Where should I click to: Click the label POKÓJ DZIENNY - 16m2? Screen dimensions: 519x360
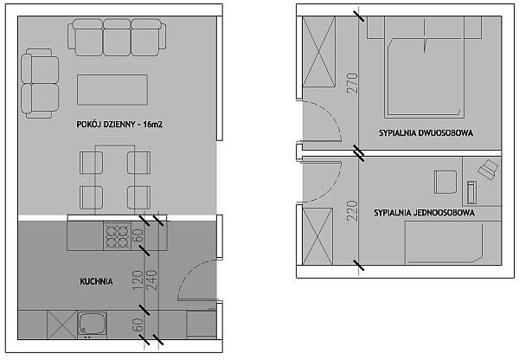[x=119, y=125]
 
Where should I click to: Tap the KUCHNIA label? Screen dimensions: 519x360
[x=96, y=281]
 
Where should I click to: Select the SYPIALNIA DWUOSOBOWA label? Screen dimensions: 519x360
[x=426, y=133]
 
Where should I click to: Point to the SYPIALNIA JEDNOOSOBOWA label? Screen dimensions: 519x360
[x=425, y=213]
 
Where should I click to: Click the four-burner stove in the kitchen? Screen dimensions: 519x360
[x=117, y=235]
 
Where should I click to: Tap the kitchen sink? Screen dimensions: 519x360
[x=92, y=324]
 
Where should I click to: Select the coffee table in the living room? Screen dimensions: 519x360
[x=112, y=90]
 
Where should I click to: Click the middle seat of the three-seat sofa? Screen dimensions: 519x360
[x=117, y=36]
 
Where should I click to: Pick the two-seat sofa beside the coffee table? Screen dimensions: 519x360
[x=40, y=83]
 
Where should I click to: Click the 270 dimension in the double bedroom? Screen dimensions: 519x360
[x=353, y=83]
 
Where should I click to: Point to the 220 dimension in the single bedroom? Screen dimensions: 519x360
[x=353, y=210]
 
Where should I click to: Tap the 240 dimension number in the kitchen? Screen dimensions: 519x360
[x=152, y=280]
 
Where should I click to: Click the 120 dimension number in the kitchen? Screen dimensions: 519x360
[x=138, y=280]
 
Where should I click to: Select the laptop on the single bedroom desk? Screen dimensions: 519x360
[x=487, y=170]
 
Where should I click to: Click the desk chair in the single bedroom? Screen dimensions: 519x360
[x=445, y=182]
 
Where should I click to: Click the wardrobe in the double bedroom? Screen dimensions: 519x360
[x=318, y=52]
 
